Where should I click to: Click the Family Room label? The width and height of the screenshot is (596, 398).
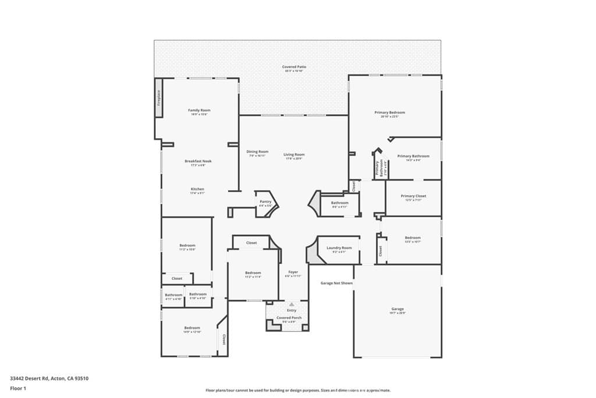[x=199, y=110]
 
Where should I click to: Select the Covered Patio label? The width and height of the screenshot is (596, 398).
[x=294, y=67]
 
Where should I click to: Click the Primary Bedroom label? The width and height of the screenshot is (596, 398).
[x=389, y=112]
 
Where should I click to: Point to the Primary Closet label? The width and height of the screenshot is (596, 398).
[x=413, y=196]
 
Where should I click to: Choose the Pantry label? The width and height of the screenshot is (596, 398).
[x=265, y=202]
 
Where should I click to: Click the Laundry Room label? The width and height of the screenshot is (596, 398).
[x=339, y=248]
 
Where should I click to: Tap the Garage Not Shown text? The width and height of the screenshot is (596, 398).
[x=336, y=283]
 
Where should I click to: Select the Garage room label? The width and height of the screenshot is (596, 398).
[x=398, y=309]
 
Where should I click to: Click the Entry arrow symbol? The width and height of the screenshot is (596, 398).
[x=292, y=304]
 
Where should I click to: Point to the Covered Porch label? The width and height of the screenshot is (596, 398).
[x=289, y=318]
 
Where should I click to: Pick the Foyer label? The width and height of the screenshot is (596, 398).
[x=293, y=272]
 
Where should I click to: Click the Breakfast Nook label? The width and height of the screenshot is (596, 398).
[x=198, y=161]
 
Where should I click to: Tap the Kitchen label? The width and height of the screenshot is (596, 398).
[x=198, y=189]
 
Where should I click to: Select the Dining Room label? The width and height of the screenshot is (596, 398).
[x=257, y=152]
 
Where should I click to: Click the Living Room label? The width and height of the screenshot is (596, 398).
[x=294, y=154]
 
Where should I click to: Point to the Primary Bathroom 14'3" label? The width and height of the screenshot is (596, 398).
[x=413, y=156]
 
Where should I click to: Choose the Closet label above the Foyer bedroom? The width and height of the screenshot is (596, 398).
[x=251, y=243]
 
